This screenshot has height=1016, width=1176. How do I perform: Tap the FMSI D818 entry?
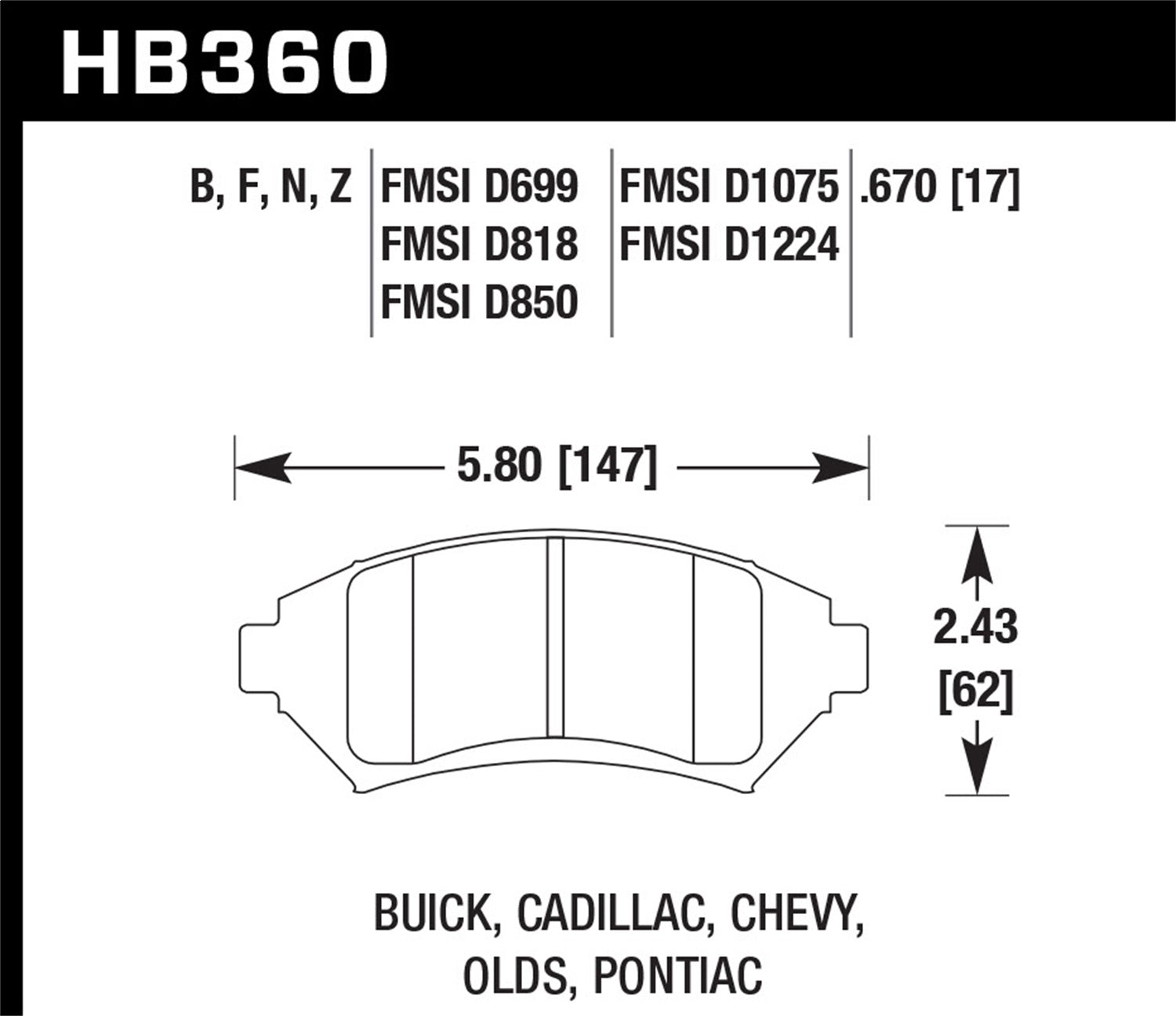tap(479, 245)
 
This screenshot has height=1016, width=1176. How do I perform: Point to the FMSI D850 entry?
tap(479, 303)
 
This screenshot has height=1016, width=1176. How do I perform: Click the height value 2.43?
tap(975, 628)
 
